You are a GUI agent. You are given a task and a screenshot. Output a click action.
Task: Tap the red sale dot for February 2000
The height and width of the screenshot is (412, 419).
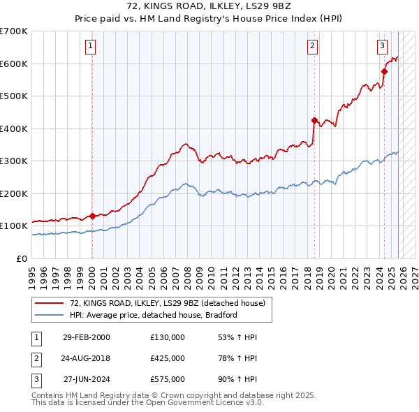pos(92,216)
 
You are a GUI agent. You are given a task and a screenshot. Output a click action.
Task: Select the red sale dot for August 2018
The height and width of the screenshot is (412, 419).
pos(314,120)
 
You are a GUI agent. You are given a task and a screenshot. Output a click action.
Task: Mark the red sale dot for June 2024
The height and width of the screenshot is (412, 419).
pos(384,71)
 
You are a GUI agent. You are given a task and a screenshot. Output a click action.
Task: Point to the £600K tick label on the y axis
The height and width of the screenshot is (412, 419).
pos(14,64)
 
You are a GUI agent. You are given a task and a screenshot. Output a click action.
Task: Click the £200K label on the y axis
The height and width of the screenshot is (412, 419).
pos(14,193)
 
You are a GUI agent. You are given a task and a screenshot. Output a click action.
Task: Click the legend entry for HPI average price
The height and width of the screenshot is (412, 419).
pos(154,315)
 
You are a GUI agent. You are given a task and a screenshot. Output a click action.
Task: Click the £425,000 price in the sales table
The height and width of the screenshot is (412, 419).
pos(167,358)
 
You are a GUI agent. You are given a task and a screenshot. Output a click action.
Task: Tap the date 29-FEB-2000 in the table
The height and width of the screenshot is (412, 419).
pos(86,337)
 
